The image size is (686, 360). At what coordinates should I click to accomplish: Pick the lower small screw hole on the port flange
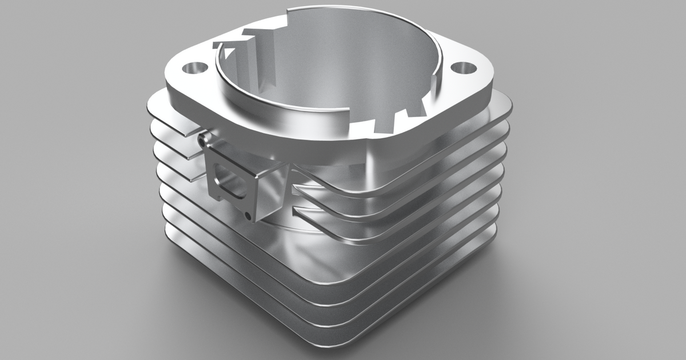247,215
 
